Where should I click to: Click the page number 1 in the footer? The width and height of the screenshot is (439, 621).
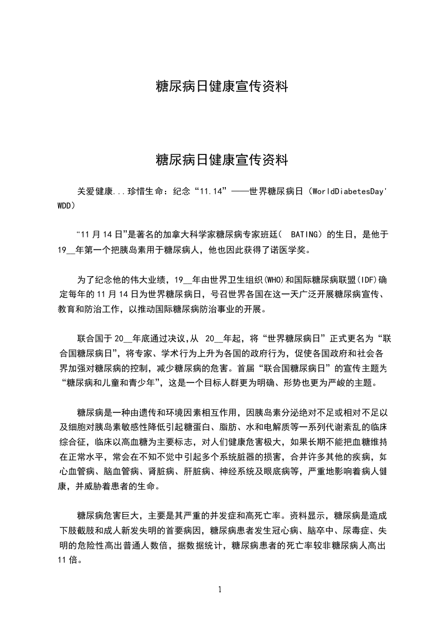pos(220,589)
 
